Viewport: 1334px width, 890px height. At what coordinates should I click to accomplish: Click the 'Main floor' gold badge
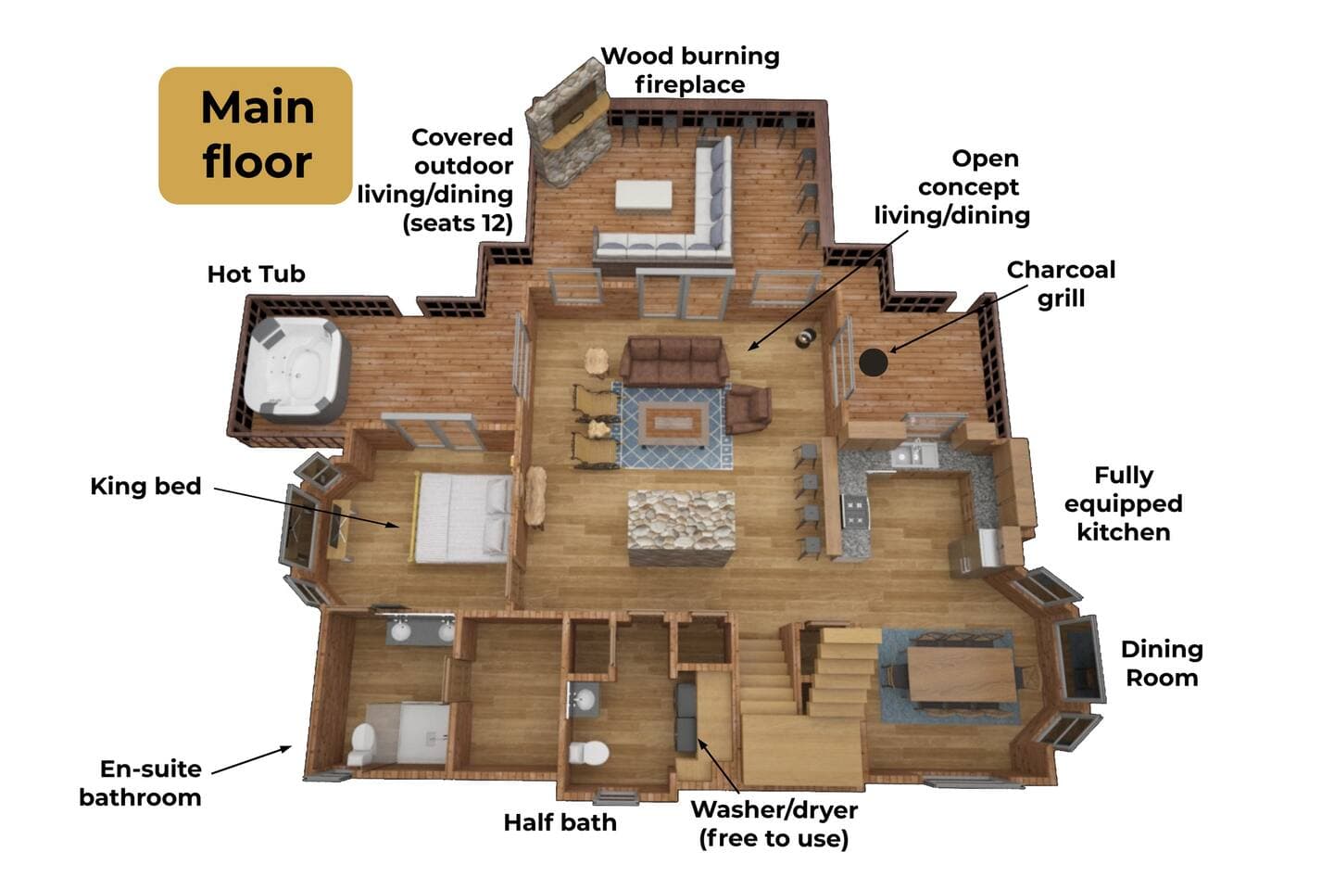point(256,135)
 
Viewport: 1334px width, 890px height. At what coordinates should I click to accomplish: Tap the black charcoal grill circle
point(873,362)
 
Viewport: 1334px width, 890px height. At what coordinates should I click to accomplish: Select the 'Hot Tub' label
point(256,274)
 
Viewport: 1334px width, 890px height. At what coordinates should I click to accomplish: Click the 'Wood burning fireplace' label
point(690,70)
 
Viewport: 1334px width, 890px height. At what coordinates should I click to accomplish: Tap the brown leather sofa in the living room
point(674,361)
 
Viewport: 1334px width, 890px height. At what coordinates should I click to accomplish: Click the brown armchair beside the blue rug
point(749,408)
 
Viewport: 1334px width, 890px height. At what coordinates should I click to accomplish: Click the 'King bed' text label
point(146,486)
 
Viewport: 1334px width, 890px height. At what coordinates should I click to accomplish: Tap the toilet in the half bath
point(588,752)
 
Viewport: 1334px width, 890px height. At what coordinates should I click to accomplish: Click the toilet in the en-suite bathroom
point(363,744)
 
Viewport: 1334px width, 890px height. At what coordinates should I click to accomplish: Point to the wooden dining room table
point(961,675)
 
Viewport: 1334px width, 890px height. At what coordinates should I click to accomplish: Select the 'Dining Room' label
point(1162,664)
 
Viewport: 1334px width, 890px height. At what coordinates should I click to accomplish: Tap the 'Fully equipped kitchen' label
point(1123,503)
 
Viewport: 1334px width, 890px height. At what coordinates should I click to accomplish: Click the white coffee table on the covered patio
point(644,195)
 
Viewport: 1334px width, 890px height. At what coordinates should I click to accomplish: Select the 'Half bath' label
point(560,822)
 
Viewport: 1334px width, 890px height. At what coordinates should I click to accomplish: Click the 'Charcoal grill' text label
point(1061,284)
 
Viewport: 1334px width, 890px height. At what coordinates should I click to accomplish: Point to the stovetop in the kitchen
point(855,513)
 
